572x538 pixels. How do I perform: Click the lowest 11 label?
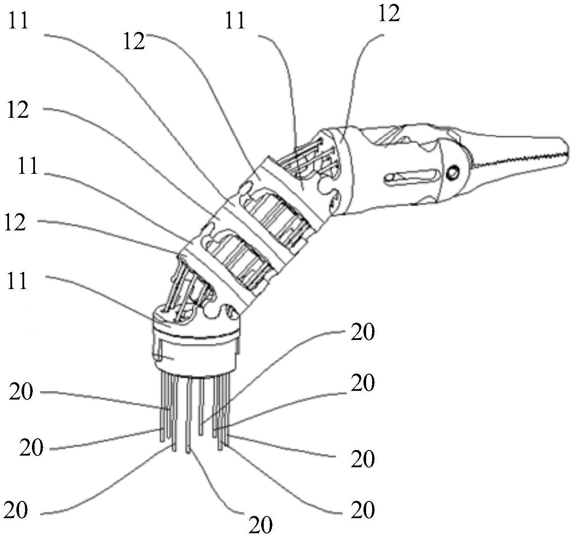tap(17, 280)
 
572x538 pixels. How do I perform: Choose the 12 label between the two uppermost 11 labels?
tap(133, 42)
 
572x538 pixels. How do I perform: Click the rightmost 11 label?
tap(235, 20)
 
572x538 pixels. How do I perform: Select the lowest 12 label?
tap(16, 223)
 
